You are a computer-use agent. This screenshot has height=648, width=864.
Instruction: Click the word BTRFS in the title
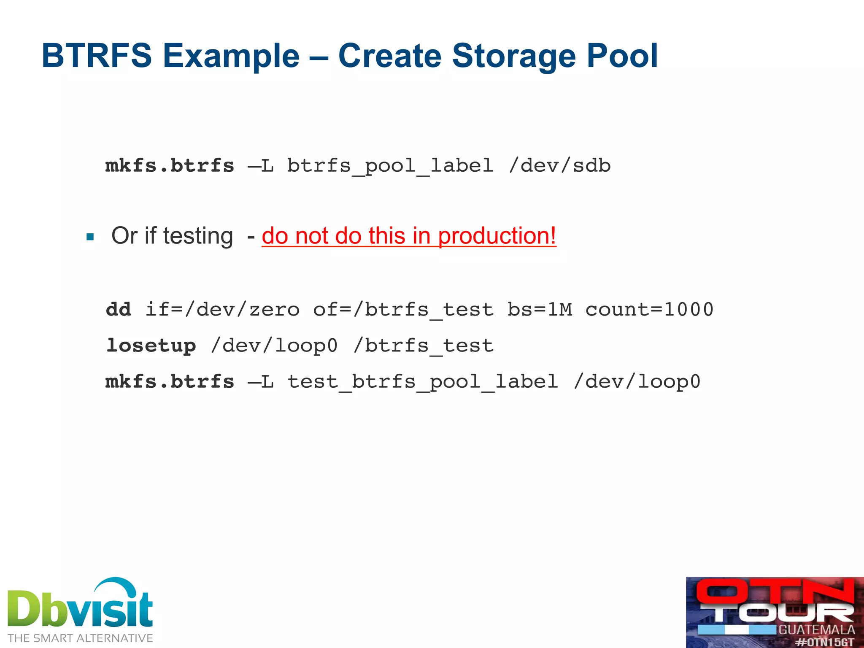click(97, 56)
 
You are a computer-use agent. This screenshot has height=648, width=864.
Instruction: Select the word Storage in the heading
click(513, 56)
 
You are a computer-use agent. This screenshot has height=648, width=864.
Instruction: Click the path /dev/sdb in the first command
click(559, 165)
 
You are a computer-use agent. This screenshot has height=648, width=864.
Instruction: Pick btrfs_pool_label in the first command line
click(390, 165)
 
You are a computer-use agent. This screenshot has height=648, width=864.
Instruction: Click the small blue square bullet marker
click(90, 237)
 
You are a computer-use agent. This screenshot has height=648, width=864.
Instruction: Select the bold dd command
click(119, 309)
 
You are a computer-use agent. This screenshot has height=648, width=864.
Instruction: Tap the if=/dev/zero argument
click(222, 309)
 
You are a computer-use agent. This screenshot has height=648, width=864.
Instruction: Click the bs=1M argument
click(540, 309)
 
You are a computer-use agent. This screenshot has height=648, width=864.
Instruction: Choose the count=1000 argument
click(649, 309)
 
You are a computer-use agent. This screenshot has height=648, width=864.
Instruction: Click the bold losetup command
click(151, 346)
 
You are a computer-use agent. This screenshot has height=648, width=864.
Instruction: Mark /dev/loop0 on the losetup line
click(274, 346)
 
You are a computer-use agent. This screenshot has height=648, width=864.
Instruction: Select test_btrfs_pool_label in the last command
click(423, 381)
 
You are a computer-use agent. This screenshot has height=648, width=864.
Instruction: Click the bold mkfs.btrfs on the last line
click(170, 381)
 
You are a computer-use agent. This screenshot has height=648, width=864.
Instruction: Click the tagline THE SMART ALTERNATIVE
click(80, 638)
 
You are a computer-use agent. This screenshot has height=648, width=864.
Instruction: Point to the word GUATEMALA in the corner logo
click(816, 630)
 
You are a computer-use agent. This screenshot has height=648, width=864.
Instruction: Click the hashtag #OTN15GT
click(824, 642)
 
